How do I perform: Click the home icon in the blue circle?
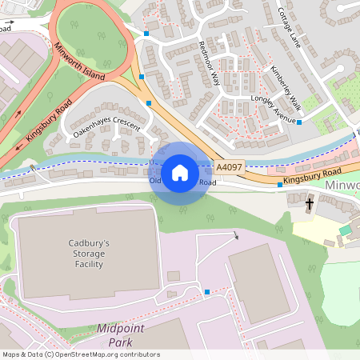point(180,172)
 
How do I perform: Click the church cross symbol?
point(310,204)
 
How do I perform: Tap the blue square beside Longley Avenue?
point(300,122)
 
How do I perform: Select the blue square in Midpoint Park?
point(207,292)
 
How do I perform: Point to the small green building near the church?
point(345,230)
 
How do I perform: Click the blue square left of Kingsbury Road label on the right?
point(279,185)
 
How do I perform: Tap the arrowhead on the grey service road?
point(236,236)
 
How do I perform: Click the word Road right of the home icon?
point(208,182)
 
